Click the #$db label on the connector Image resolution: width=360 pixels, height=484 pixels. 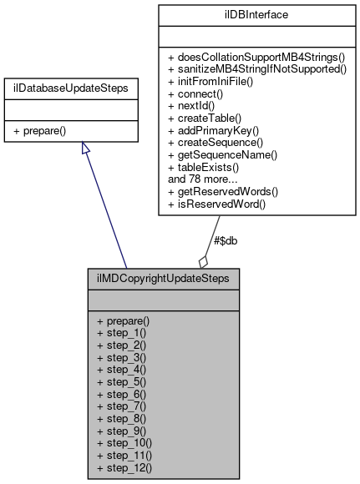226,241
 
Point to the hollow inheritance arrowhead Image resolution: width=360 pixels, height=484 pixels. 85,148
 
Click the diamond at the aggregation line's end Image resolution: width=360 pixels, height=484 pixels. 204,260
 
